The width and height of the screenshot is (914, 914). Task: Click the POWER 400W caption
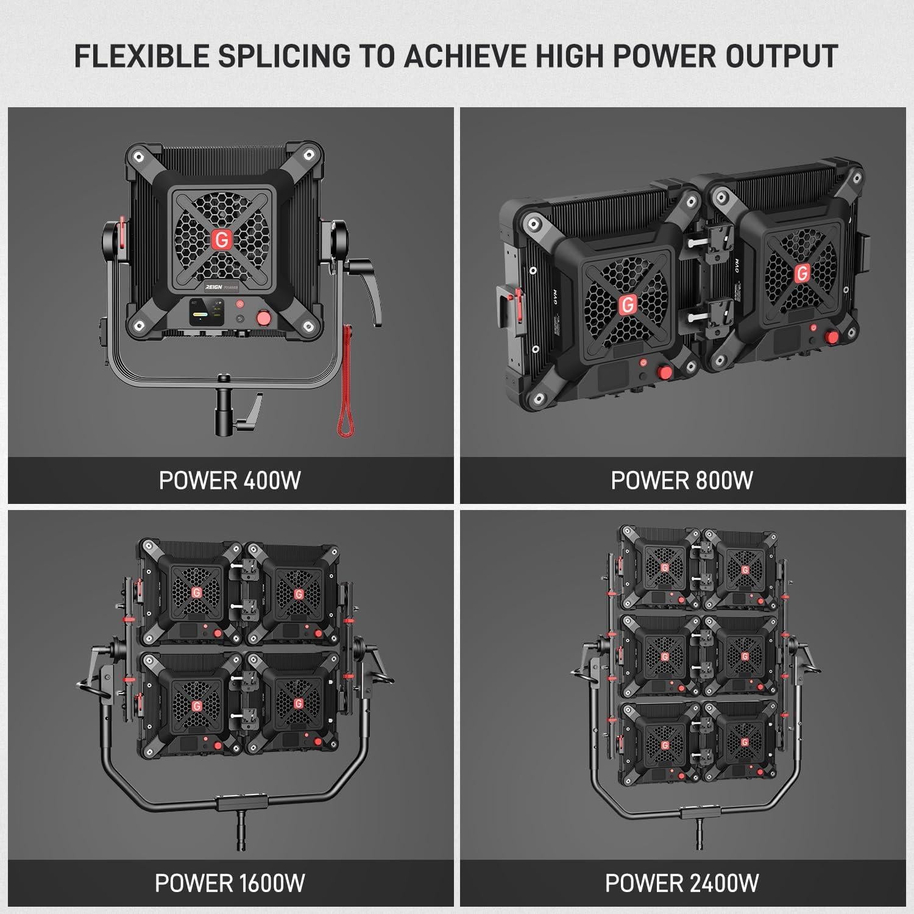click(x=230, y=480)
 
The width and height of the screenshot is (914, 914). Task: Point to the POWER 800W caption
click(x=682, y=480)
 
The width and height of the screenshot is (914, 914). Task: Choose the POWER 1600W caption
click(x=230, y=882)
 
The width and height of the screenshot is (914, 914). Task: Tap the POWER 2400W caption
click(x=682, y=882)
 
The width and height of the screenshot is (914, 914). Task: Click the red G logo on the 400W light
click(x=222, y=240)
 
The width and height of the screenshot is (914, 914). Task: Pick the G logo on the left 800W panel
click(x=626, y=303)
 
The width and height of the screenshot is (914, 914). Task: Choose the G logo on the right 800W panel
click(x=802, y=274)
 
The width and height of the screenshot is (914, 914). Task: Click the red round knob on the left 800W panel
click(x=664, y=372)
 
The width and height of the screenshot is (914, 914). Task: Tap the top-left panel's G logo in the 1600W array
click(x=196, y=593)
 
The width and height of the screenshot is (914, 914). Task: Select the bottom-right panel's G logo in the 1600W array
click(x=298, y=704)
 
